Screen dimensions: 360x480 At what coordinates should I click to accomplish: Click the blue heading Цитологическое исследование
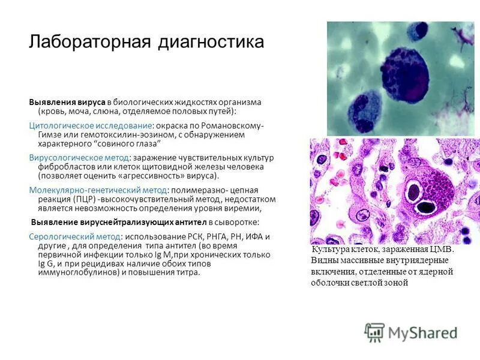(90, 126)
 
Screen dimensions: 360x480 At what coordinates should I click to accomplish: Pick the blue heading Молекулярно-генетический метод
(97, 190)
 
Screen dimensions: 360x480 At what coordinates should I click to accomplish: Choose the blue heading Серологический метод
(74, 236)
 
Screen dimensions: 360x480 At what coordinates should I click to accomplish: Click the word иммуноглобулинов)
(77, 272)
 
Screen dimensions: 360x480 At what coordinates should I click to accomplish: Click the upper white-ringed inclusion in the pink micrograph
(414, 192)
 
